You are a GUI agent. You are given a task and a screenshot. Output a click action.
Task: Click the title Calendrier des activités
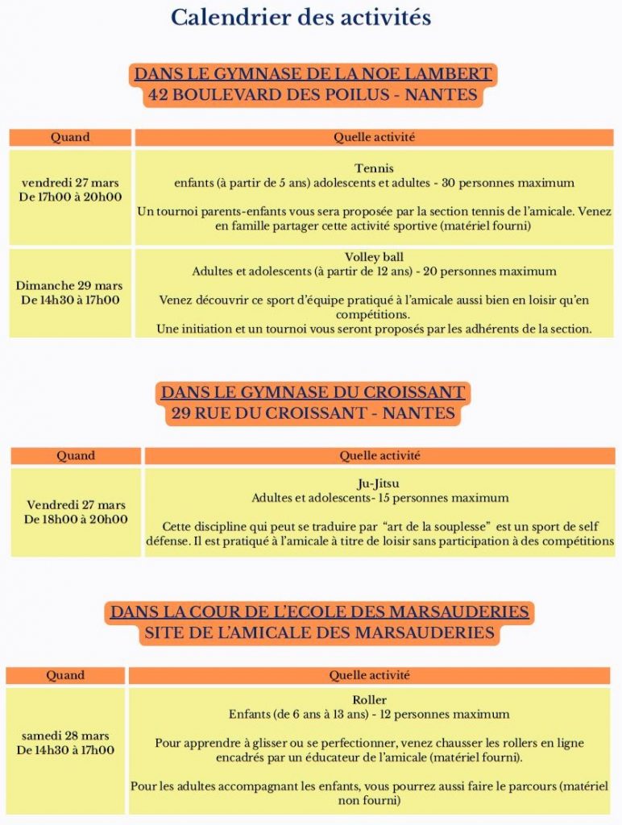click(x=301, y=17)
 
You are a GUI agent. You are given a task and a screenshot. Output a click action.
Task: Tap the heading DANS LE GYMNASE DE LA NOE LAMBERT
click(x=313, y=74)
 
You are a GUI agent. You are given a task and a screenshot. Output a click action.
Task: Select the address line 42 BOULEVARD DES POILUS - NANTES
click(x=313, y=95)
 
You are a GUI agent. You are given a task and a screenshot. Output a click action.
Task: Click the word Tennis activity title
click(x=374, y=168)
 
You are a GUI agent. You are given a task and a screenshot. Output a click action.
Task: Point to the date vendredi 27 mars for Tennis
click(x=70, y=182)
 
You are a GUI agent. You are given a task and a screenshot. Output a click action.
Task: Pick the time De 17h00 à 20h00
click(x=70, y=197)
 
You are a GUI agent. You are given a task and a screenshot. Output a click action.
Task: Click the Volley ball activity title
click(x=374, y=257)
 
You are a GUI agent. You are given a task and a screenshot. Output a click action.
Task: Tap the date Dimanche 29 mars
click(x=69, y=286)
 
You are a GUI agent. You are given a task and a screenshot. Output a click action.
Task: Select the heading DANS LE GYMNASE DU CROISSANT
click(x=313, y=393)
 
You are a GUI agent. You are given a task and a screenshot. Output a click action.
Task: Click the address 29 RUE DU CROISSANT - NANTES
click(x=313, y=414)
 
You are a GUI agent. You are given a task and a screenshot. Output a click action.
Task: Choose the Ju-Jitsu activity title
click(x=379, y=483)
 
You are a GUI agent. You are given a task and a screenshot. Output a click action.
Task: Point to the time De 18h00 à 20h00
click(x=76, y=520)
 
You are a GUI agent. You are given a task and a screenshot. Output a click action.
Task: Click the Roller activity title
click(x=369, y=699)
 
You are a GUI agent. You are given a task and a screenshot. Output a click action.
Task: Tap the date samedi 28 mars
click(x=65, y=736)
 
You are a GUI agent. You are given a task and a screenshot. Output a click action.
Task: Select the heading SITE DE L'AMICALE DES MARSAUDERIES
click(x=319, y=633)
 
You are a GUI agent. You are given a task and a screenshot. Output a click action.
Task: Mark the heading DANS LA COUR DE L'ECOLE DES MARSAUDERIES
click(x=319, y=612)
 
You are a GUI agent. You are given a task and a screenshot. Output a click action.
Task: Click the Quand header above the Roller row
click(x=65, y=675)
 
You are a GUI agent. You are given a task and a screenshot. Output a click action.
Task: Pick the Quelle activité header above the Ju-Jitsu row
click(x=379, y=456)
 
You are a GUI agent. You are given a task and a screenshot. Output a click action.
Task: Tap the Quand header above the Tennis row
click(x=70, y=138)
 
